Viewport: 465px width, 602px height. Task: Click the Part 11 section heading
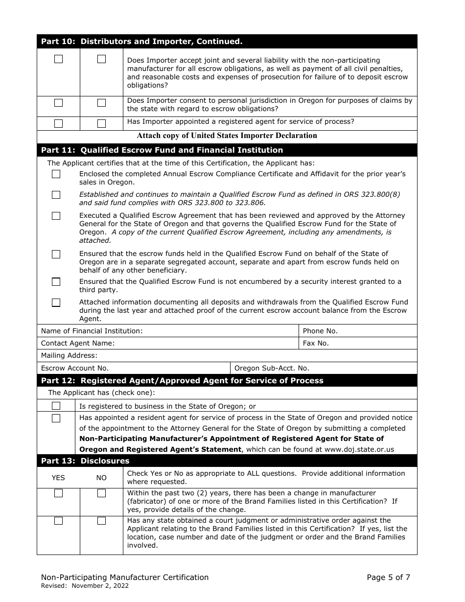tap(162, 150)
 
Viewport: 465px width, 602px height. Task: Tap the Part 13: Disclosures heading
tap(85, 461)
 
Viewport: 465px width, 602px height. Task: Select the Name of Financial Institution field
tap(220, 331)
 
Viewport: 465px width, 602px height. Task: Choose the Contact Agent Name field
tap(206, 343)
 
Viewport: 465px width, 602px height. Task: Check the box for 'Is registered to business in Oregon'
tap(56, 406)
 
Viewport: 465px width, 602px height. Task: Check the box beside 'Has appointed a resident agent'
tap(56, 418)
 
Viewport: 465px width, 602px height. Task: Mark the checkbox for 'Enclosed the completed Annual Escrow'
tap(56, 174)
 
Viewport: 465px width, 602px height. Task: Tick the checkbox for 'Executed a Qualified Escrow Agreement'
tap(56, 216)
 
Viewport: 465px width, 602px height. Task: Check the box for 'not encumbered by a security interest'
tap(56, 282)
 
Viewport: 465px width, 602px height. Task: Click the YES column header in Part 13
tap(58, 478)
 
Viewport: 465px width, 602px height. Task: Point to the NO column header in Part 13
tap(101, 478)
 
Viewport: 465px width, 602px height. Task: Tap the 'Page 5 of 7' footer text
tap(389, 578)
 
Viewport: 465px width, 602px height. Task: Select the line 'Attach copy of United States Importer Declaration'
tap(227, 136)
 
